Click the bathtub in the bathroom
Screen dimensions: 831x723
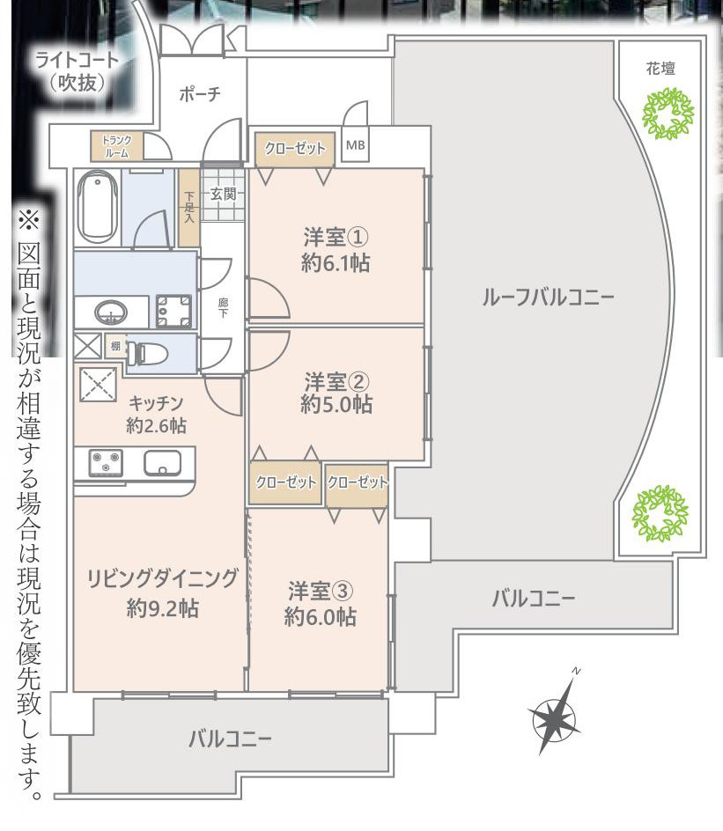(x=96, y=206)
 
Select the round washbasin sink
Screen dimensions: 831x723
(x=110, y=312)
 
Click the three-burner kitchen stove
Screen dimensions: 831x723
(x=106, y=462)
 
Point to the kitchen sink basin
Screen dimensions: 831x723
(x=162, y=462)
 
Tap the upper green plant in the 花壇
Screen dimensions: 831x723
(x=667, y=114)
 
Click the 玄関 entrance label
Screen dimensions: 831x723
(x=224, y=194)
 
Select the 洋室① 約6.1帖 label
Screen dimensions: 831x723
(x=335, y=251)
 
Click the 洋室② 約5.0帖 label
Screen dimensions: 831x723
(x=336, y=393)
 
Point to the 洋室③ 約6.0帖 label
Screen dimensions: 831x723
(x=320, y=603)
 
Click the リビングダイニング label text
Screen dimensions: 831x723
(x=162, y=578)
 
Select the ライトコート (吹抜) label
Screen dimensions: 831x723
(x=77, y=72)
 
